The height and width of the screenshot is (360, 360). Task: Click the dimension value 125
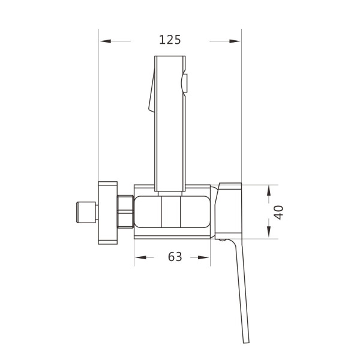point(170,40)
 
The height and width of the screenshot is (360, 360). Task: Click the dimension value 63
point(175,257)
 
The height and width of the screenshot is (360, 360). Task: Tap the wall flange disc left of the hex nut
point(109,212)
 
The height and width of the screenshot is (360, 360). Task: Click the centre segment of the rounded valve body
point(171,212)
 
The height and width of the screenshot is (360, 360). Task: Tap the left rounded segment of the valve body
point(148,212)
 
